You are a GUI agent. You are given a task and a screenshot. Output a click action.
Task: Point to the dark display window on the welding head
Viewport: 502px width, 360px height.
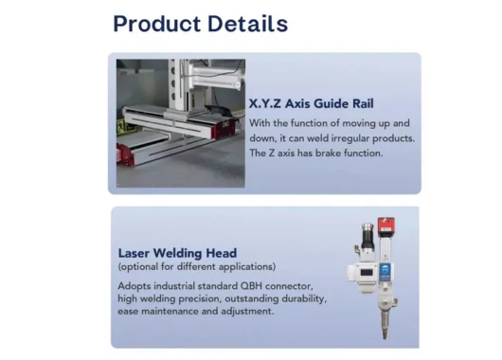tap(361, 275)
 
